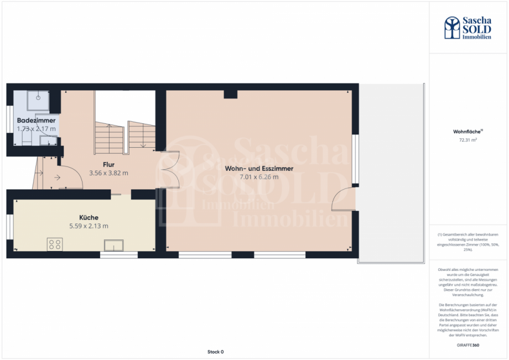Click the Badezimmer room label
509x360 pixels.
point(36,120)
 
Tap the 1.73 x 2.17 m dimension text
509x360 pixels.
point(36,128)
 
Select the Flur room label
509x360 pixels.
point(108,165)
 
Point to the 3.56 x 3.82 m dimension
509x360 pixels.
point(108,173)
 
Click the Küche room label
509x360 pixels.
point(89,217)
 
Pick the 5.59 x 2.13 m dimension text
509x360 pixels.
point(89,226)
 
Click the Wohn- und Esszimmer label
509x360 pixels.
point(259,169)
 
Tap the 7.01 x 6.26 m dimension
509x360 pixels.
point(259,177)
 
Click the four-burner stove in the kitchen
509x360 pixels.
point(55,244)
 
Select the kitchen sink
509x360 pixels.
point(115,244)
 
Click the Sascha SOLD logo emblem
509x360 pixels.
point(453,28)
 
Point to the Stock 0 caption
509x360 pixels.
point(215,352)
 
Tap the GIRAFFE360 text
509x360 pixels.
point(468,345)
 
